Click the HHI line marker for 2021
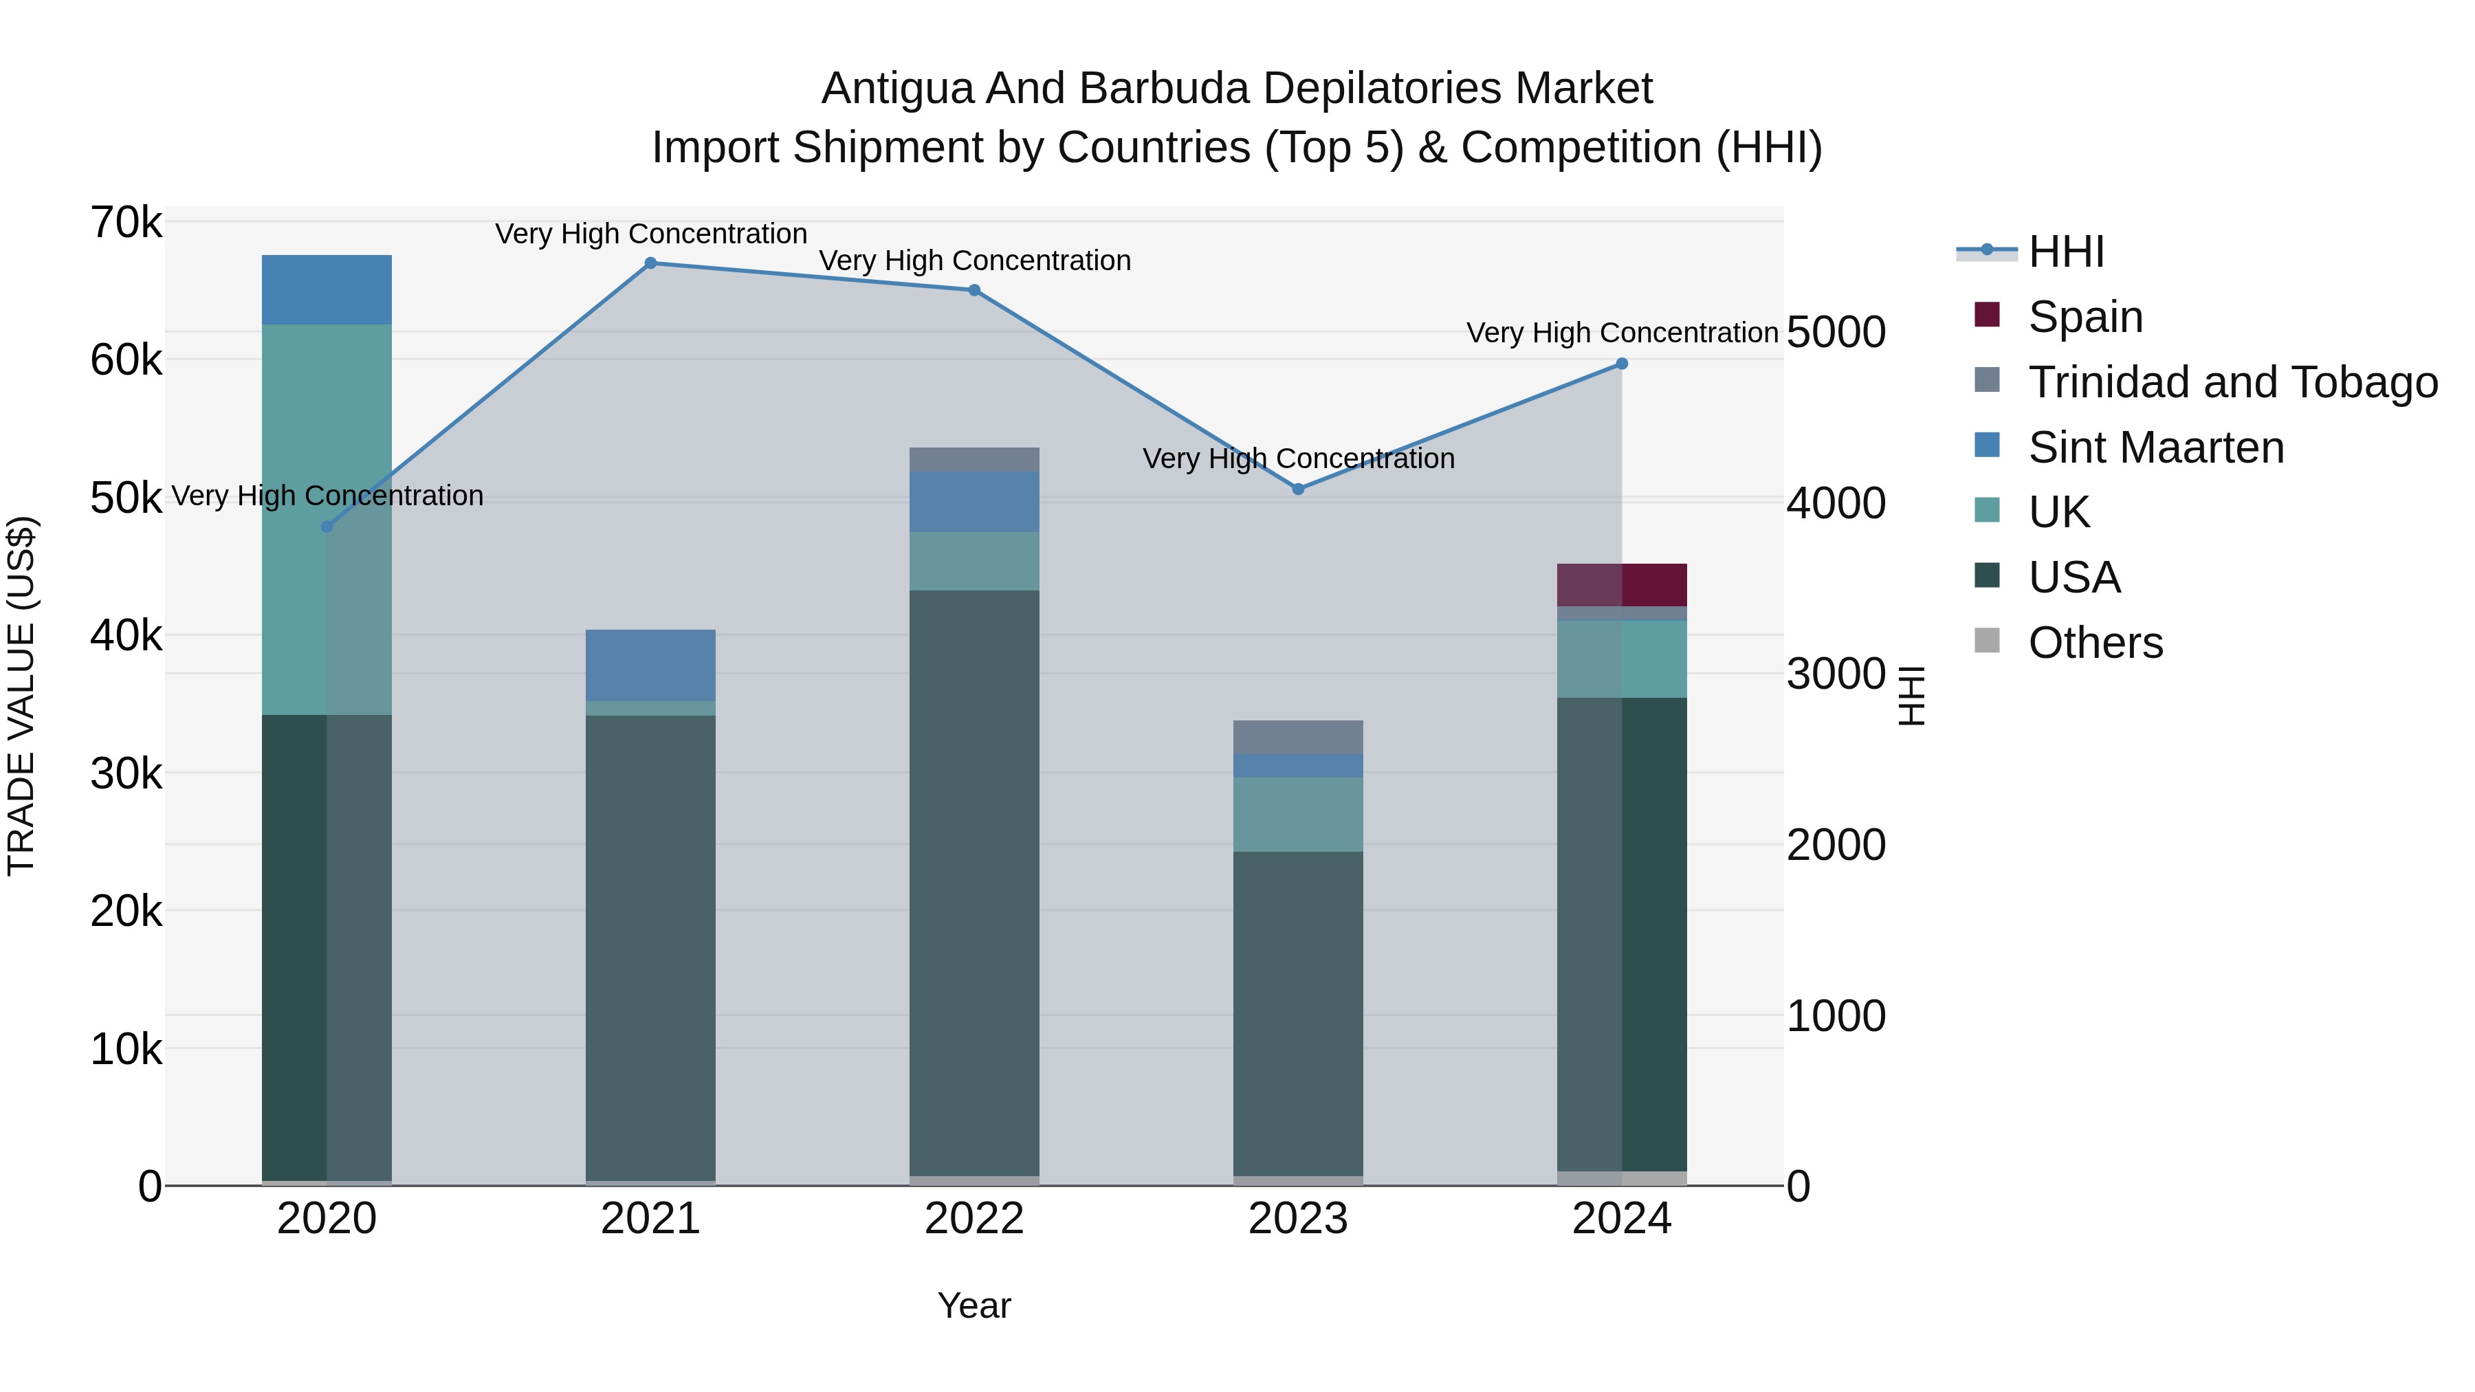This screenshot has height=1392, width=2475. [x=650, y=263]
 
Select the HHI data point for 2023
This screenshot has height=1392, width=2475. [x=1298, y=489]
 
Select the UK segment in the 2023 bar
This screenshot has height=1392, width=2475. [x=1298, y=814]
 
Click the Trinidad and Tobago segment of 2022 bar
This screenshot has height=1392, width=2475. [x=974, y=459]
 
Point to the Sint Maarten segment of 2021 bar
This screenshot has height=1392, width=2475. [x=650, y=665]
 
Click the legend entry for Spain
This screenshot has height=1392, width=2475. [x=2085, y=316]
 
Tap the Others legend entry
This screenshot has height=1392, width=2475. [x=2095, y=643]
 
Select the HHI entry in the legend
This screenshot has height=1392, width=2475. [x=2066, y=252]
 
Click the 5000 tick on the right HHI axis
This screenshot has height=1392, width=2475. [x=1835, y=333]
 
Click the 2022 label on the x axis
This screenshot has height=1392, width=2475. [x=974, y=1219]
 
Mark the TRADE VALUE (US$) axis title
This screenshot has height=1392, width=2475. [x=21, y=696]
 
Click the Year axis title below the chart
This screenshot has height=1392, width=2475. [x=974, y=1305]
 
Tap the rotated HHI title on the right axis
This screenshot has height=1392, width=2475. [x=1912, y=696]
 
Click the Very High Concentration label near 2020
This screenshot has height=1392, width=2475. [x=327, y=496]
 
